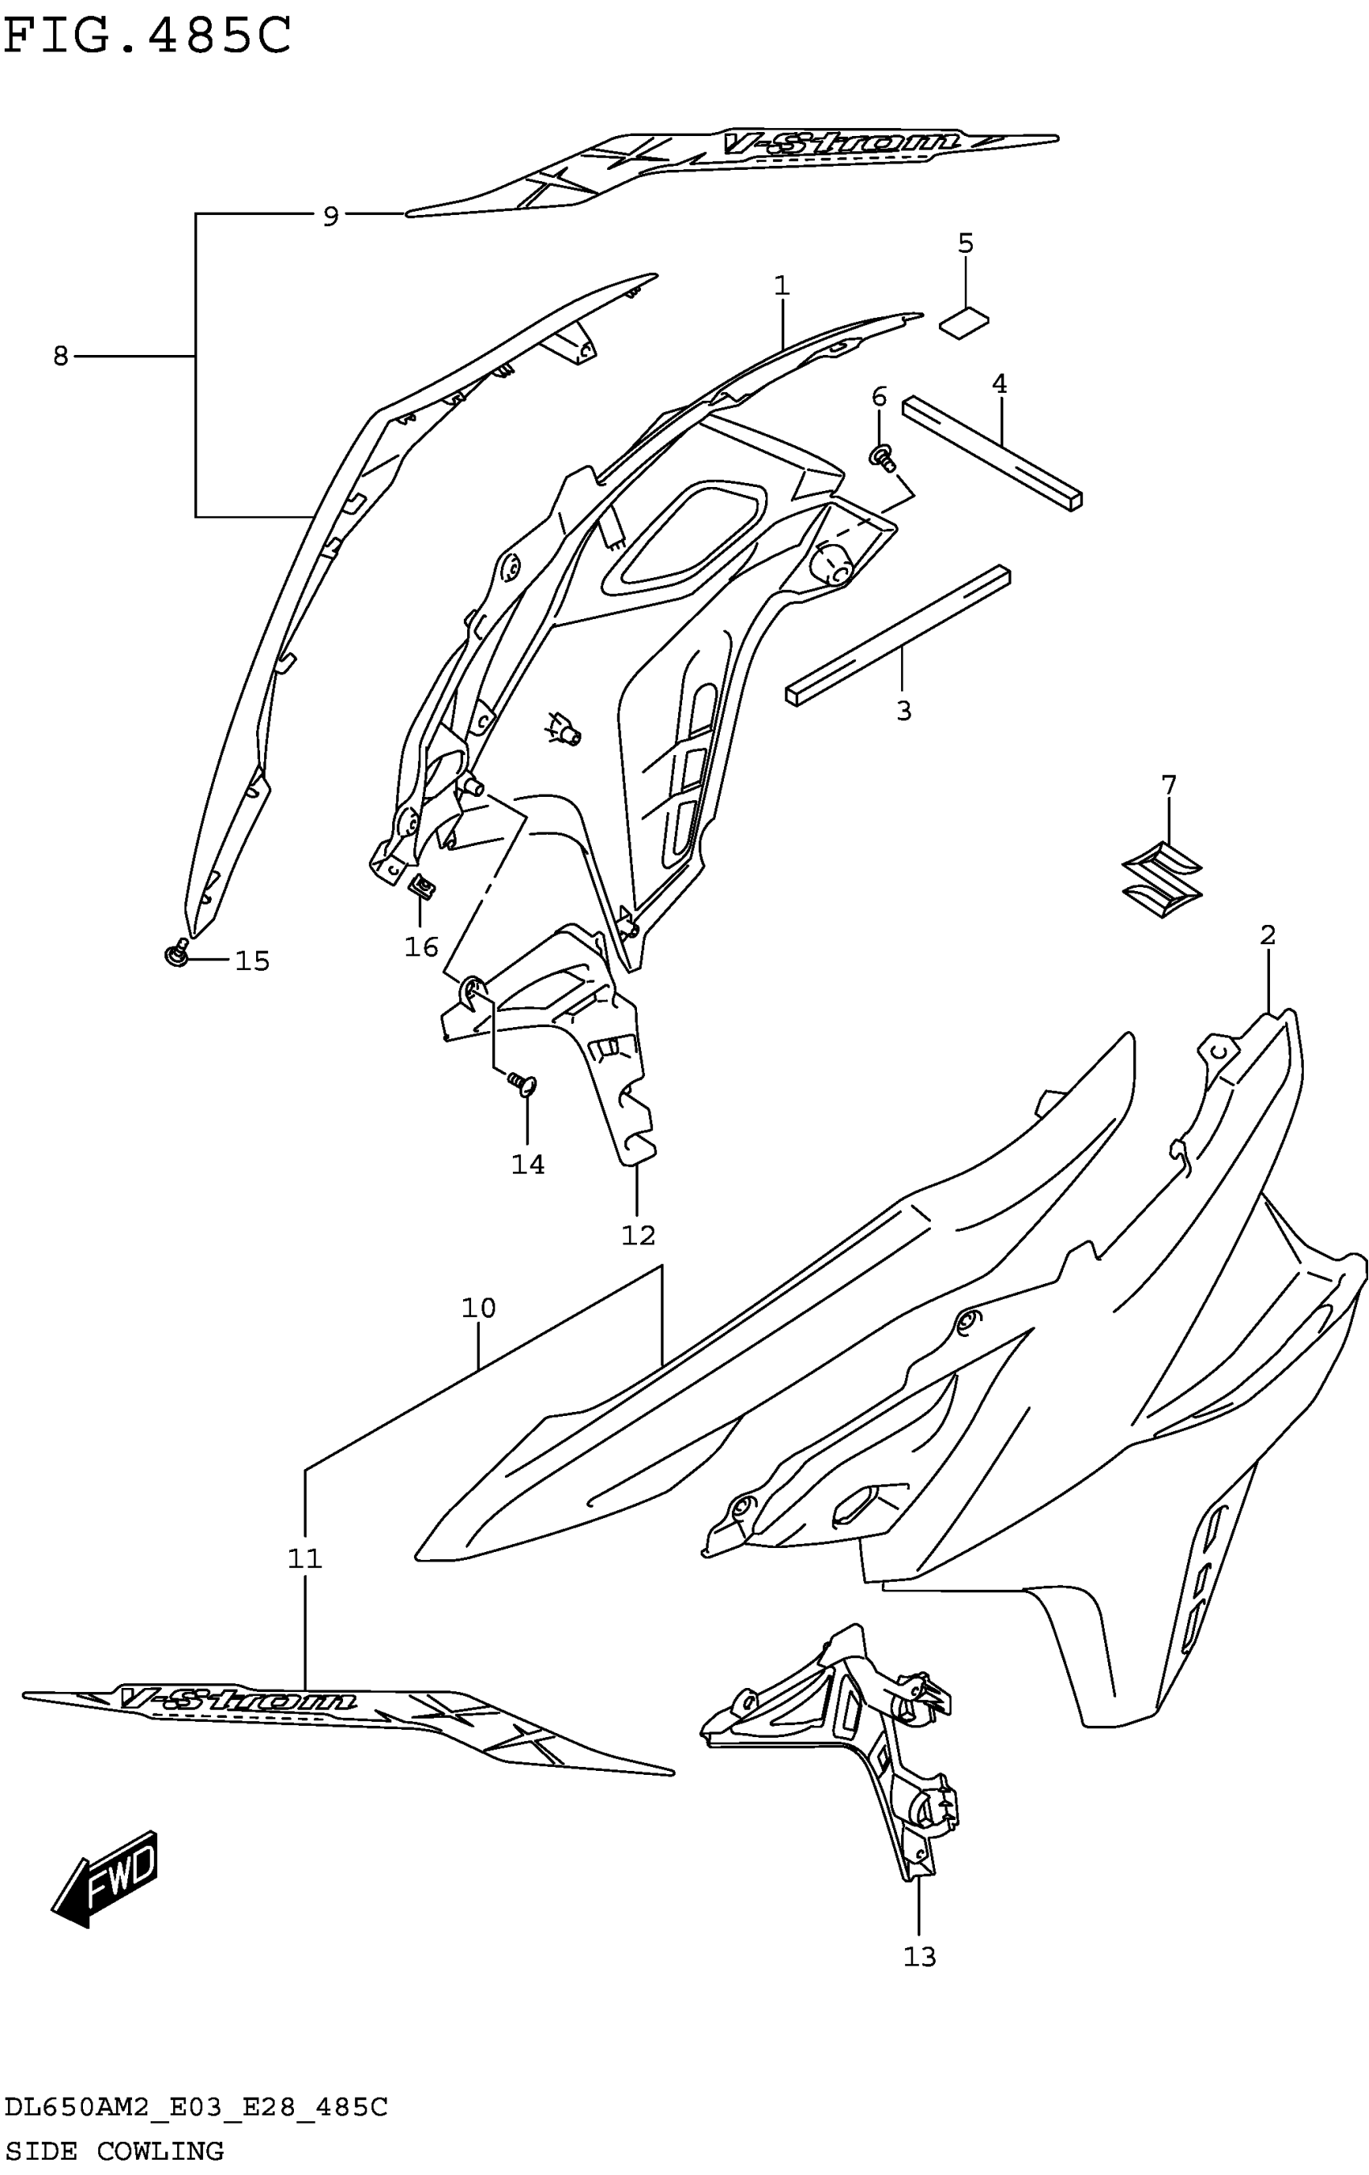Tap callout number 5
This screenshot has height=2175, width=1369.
tap(965, 243)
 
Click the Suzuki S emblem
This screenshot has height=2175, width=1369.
tap(1162, 881)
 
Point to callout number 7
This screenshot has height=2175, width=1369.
tap(1168, 785)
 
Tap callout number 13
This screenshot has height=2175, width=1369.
tap(919, 1956)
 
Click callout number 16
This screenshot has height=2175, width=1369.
tap(421, 947)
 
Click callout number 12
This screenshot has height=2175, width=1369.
tap(637, 1235)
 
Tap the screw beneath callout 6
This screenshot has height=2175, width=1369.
tap(882, 458)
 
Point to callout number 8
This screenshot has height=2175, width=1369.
tap(60, 356)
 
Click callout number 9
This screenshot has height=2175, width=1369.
tap(331, 216)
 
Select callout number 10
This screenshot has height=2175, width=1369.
tap(478, 1307)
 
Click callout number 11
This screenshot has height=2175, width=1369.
tap(304, 1558)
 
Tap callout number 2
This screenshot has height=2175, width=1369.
tap(1267, 935)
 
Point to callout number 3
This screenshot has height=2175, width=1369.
tap(903, 711)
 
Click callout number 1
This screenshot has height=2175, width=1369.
tap(782, 286)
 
